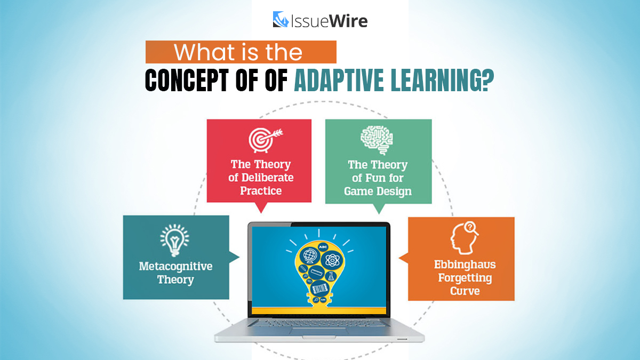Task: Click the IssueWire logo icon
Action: pos(281,20)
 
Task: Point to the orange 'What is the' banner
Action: pos(241,52)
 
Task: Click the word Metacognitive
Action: pos(175,266)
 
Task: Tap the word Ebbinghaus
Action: pos(460,265)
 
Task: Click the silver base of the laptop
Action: pos(319,333)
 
